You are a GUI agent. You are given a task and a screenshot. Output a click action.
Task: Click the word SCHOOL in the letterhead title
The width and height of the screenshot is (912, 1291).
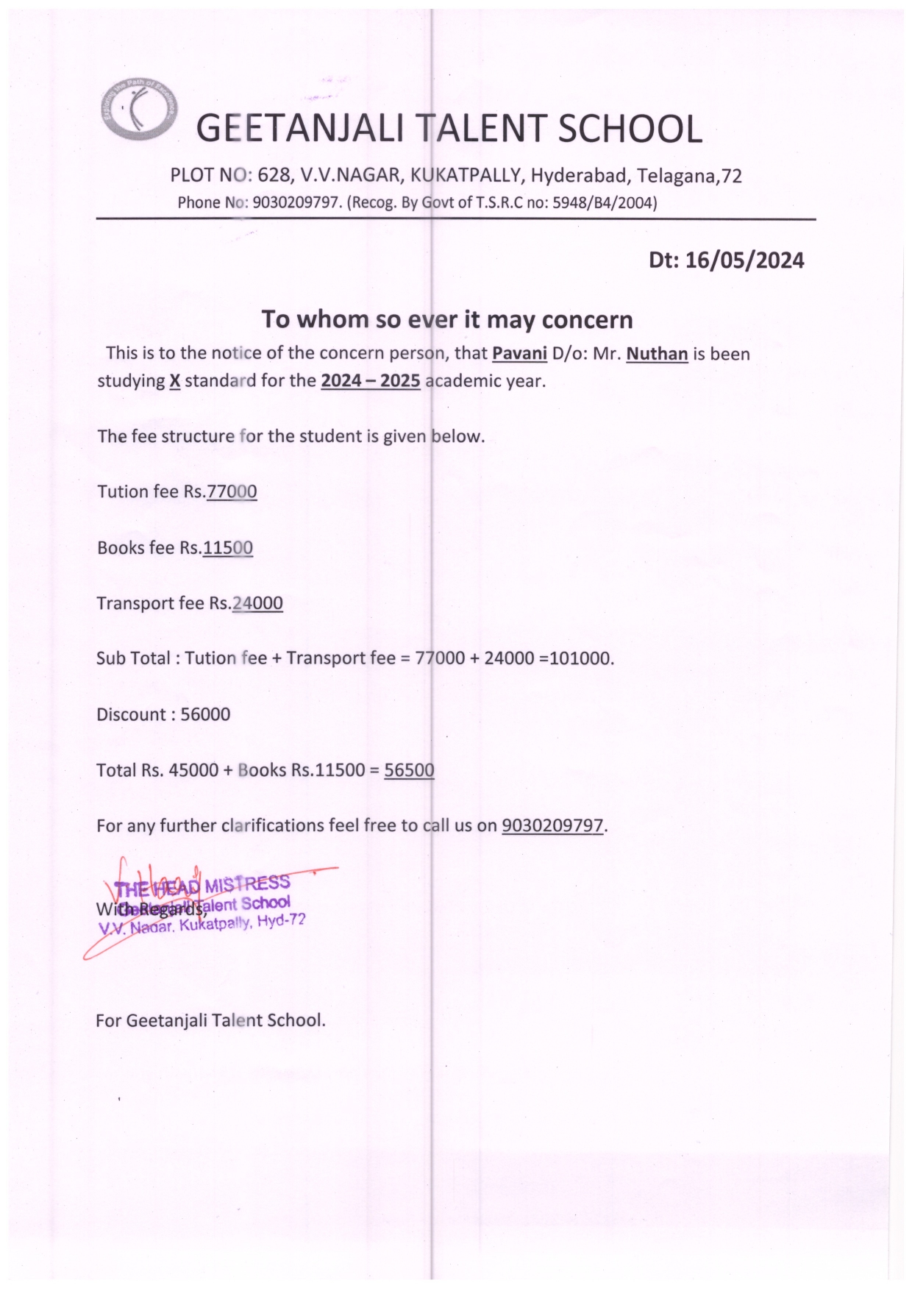point(630,130)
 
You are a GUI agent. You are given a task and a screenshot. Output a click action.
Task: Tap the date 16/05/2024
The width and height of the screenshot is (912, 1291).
point(744,260)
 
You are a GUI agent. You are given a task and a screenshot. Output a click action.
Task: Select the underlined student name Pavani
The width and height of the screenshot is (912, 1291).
point(519,354)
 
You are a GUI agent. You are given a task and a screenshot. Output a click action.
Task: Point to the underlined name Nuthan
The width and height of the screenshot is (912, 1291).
point(657,354)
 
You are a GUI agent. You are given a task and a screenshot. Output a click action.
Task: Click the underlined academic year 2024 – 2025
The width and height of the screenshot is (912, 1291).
point(370,381)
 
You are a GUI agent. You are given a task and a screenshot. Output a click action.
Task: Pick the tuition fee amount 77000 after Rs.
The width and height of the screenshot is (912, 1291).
point(232,491)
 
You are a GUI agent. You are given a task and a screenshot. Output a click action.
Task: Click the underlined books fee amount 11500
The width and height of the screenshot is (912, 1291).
point(228,548)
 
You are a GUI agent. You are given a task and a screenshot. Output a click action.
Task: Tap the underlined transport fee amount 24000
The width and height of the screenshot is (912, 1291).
point(257,603)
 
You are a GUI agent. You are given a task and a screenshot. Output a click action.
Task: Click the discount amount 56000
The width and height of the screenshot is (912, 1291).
point(205,714)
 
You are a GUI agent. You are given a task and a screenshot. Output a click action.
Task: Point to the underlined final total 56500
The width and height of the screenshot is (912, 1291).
point(409,770)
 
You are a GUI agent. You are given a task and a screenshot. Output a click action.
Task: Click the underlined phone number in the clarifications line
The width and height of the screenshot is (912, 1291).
point(552,826)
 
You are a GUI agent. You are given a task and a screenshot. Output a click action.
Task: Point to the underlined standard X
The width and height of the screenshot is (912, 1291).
point(174,381)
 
